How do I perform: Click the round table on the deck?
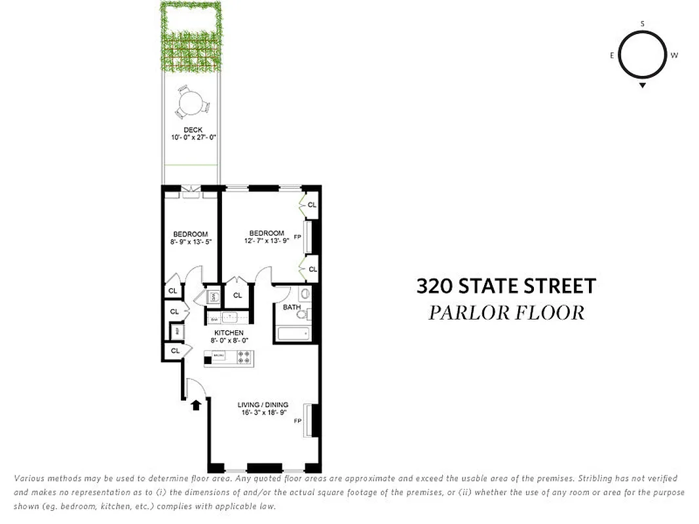pyautogui.click(x=191, y=103)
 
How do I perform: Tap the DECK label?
pyautogui.click(x=193, y=130)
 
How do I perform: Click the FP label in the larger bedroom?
pyautogui.click(x=297, y=237)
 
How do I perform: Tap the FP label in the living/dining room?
pyautogui.click(x=297, y=421)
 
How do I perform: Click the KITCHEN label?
pyautogui.click(x=227, y=333)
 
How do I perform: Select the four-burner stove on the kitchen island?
pyautogui.click(x=244, y=358)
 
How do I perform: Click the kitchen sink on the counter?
pyautogui.click(x=230, y=318)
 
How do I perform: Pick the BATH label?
pyautogui.click(x=292, y=307)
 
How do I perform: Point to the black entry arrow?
pyautogui.click(x=196, y=404)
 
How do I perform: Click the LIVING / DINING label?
pyautogui.click(x=263, y=405)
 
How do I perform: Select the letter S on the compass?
pyautogui.click(x=643, y=24)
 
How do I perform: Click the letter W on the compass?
pyautogui.click(x=674, y=56)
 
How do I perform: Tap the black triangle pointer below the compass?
pyautogui.click(x=643, y=85)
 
